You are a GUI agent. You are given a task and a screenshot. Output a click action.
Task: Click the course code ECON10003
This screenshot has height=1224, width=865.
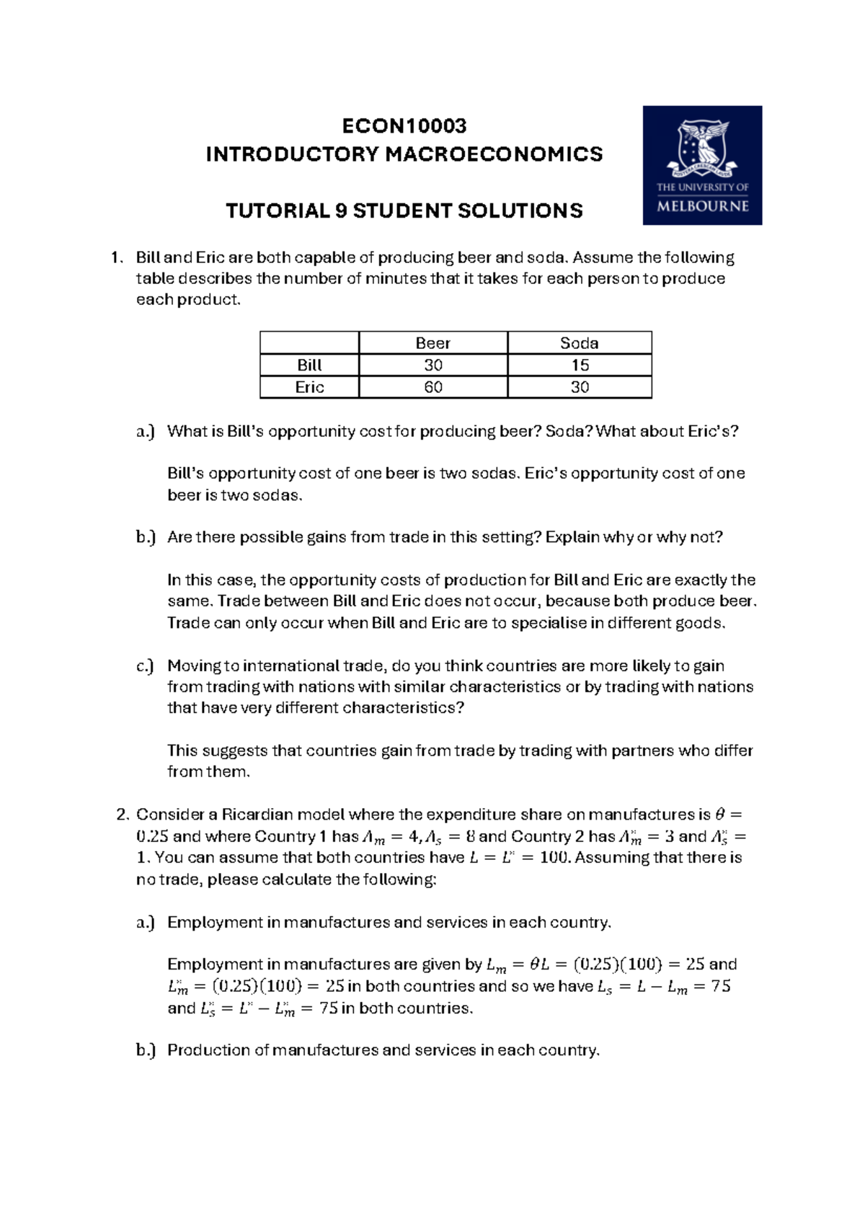[404, 126]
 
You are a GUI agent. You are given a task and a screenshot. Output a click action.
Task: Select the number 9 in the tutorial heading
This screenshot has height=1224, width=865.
[340, 211]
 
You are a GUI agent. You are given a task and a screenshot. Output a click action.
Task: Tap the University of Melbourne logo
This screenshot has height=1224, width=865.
[702, 165]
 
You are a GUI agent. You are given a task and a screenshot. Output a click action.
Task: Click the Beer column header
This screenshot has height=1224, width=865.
[432, 343]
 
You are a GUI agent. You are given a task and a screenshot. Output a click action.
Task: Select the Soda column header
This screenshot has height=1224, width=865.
[579, 343]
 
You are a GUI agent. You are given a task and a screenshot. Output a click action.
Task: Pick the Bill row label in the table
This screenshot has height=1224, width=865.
[309, 365]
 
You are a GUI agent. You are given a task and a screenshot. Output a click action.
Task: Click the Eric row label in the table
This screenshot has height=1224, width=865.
[309, 388]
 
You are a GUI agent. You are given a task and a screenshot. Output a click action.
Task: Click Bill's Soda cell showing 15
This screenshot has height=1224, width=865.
[580, 365]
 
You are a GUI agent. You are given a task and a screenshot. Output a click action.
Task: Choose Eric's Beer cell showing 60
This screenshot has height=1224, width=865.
[432, 388]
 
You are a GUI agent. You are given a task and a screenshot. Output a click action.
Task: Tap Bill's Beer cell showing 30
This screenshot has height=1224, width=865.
[432, 365]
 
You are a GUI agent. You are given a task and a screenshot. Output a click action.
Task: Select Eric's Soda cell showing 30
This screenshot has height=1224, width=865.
[580, 388]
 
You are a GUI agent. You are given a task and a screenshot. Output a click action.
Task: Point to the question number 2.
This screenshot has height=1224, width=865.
[122, 815]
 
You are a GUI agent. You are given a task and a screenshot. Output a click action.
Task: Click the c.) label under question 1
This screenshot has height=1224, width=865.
[145, 666]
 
